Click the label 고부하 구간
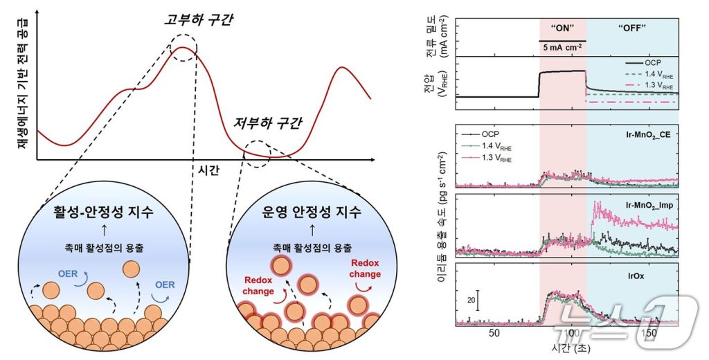click(x=199, y=19)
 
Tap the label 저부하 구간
click(x=268, y=124)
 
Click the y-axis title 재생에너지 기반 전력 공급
click(x=15, y=86)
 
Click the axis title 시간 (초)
click(x=571, y=345)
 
